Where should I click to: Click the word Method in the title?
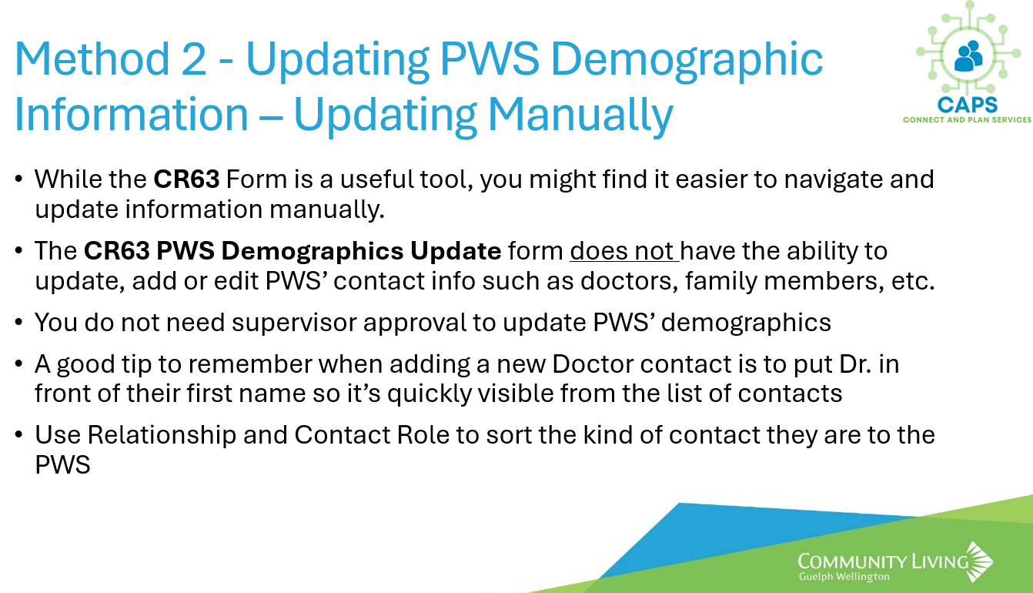point(92,59)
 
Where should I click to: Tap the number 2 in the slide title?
point(194,59)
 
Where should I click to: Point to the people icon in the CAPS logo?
point(968,56)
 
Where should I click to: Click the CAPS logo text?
point(968,106)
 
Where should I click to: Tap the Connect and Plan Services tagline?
point(967,120)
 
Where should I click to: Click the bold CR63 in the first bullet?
point(186,179)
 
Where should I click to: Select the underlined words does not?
point(624,251)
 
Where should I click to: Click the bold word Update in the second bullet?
point(456,252)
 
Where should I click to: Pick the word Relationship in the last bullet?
point(162,436)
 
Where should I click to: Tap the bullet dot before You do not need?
point(18,322)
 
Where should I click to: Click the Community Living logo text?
point(883,561)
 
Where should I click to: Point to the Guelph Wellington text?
point(844,577)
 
